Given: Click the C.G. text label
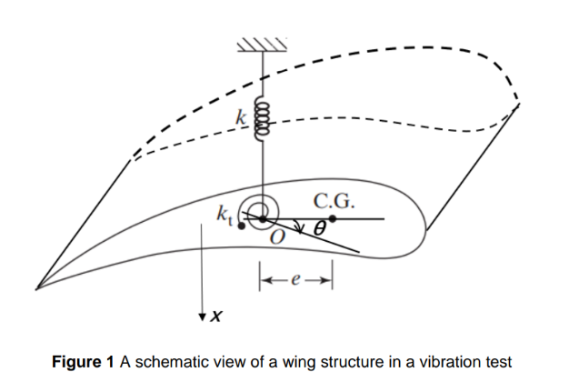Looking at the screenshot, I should tap(334, 201).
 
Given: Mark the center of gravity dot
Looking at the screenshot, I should tap(333, 219).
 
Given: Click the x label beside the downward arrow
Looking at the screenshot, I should tap(215, 317).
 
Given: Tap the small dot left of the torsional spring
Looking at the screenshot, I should tap(240, 226).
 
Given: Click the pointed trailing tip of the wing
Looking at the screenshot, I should tap(38, 288).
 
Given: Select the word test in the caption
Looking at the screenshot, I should tap(496, 361).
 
